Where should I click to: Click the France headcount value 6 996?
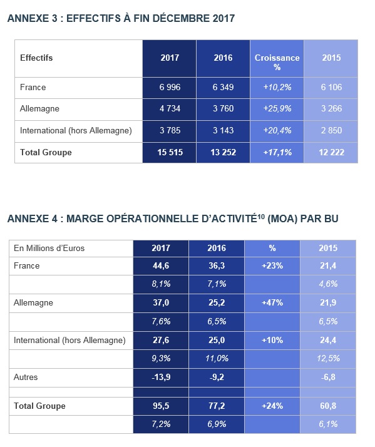(x=170, y=87)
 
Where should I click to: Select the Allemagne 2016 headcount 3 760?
(x=223, y=108)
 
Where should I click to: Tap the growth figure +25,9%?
(x=277, y=108)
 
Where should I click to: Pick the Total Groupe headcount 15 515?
(x=170, y=152)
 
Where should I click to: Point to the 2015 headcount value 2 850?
(x=331, y=131)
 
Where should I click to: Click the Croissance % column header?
(x=277, y=62)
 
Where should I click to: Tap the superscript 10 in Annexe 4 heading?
(x=261, y=216)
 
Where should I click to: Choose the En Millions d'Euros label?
(x=49, y=249)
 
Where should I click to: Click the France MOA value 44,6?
(x=161, y=265)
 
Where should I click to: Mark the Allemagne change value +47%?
(x=272, y=303)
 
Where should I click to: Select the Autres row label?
(x=26, y=377)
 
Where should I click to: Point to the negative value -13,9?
(x=161, y=377)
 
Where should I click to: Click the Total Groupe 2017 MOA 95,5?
(x=161, y=406)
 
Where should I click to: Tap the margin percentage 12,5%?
(x=328, y=358)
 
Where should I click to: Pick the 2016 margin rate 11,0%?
(x=217, y=358)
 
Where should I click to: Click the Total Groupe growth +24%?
(x=272, y=406)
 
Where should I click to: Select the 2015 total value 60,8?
(x=328, y=406)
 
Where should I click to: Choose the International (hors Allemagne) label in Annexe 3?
(x=76, y=131)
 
